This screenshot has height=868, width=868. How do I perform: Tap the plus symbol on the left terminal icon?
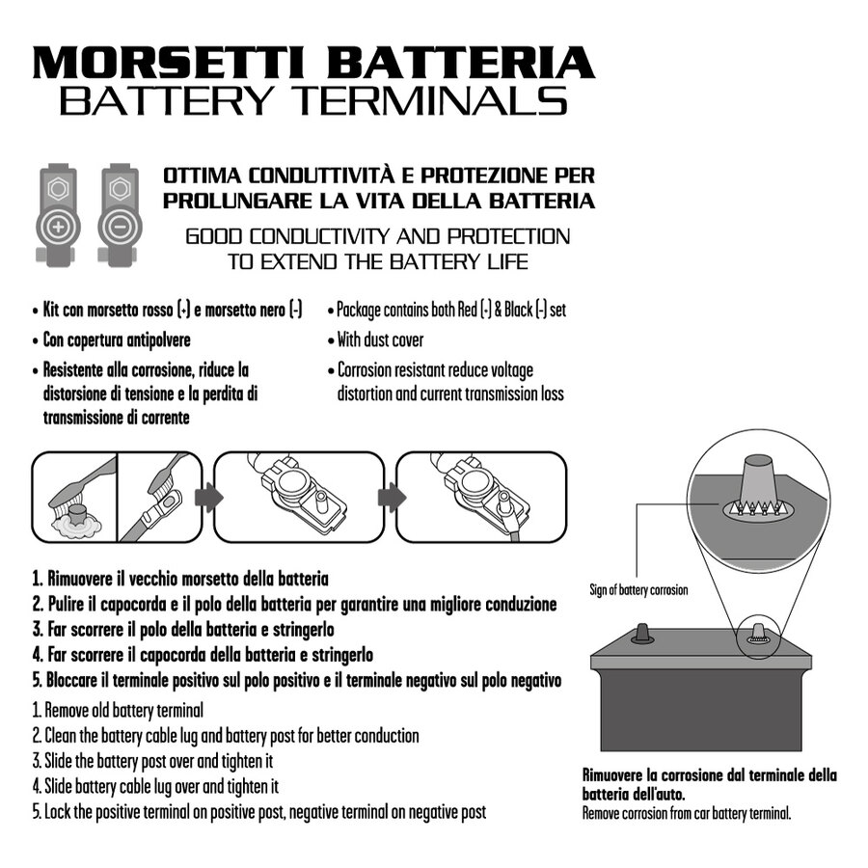pyautogui.click(x=58, y=229)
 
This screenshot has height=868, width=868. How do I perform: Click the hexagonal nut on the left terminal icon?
pyautogui.click(x=57, y=189)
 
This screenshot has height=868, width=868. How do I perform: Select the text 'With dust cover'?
pyautogui.click(x=380, y=339)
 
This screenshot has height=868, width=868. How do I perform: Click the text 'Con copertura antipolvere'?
pyautogui.click(x=117, y=339)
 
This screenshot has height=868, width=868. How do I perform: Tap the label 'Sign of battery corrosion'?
pyautogui.click(x=638, y=589)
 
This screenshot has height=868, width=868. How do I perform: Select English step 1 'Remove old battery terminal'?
pyautogui.click(x=118, y=711)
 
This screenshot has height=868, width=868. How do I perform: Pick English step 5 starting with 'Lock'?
pyautogui.click(x=258, y=811)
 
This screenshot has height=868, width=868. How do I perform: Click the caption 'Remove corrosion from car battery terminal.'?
pyautogui.click(x=686, y=813)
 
